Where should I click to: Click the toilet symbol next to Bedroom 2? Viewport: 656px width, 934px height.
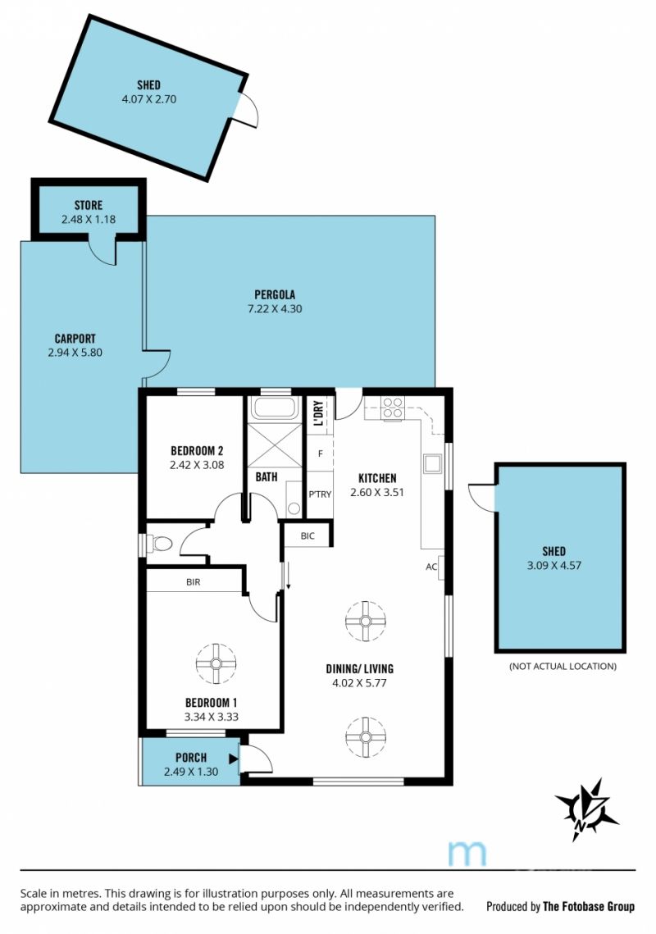tap(158, 544)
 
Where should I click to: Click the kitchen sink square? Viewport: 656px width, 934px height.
tap(432, 463)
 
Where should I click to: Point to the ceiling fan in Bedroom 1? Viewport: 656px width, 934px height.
tap(216, 663)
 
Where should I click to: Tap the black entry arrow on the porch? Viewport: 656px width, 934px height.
tap(234, 759)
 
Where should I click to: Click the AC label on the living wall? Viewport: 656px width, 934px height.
tap(431, 567)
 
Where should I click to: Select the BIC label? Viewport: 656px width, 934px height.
tap(307, 536)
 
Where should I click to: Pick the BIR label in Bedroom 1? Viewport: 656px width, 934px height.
tap(193, 582)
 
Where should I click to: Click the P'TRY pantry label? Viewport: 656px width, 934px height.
tap(320, 494)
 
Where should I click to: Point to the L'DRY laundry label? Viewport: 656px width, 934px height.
tap(318, 412)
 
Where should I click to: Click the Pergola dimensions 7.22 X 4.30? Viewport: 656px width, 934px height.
tap(275, 308)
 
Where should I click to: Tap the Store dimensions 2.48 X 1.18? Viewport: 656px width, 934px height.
tap(89, 219)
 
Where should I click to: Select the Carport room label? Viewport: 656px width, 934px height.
tap(75, 339)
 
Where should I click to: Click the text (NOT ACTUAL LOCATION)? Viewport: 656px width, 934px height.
tap(563, 666)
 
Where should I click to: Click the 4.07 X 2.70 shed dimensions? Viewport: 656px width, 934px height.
tap(149, 99)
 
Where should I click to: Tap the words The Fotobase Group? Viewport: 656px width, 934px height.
tap(589, 907)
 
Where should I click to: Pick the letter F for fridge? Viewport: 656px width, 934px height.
tap(320, 454)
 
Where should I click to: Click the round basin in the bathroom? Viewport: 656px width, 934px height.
tap(293, 508)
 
